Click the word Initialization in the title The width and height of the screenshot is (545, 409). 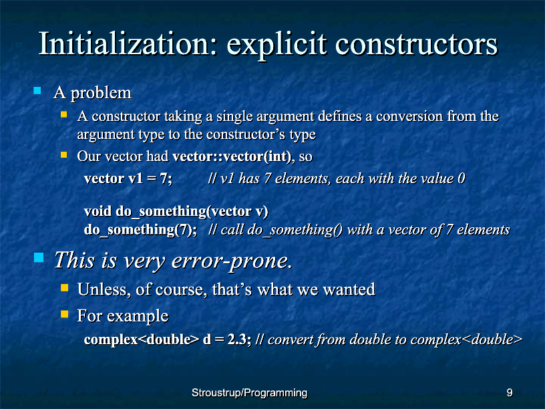[128, 44]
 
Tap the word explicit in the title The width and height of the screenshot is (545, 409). [277, 46]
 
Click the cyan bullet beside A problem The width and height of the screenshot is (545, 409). [37, 91]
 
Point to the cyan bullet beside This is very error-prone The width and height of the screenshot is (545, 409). [39, 258]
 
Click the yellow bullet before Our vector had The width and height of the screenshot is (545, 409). [63, 155]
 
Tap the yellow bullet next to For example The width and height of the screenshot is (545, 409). [64, 314]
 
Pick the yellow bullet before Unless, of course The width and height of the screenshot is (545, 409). [64, 287]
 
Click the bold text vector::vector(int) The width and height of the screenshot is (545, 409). [232, 156]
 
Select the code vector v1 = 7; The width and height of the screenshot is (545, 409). [128, 178]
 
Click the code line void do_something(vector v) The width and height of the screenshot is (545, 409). [176, 211]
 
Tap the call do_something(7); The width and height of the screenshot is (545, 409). [140, 230]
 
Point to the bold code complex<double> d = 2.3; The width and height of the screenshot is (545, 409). [168, 339]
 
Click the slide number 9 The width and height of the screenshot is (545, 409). [510, 393]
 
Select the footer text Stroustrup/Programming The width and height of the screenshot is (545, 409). [250, 393]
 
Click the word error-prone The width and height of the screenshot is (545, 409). [232, 261]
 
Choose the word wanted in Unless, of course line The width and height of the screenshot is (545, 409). [349, 289]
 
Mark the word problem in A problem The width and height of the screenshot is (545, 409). [101, 93]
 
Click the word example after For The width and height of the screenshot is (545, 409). [138, 317]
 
